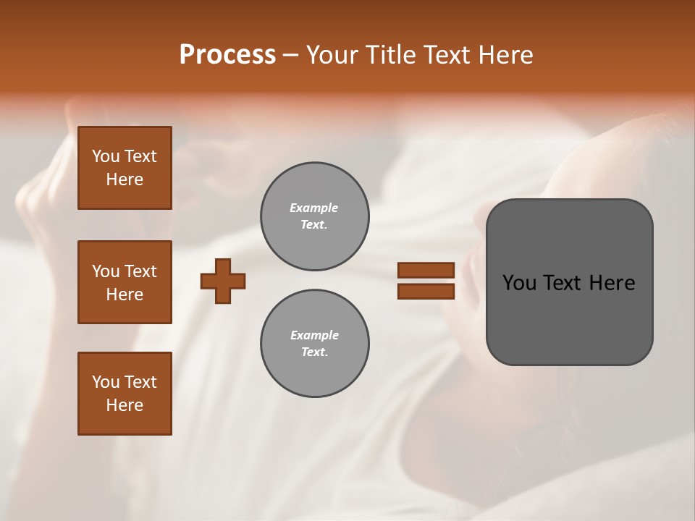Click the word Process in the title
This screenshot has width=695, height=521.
click(227, 55)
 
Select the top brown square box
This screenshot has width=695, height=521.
click(125, 168)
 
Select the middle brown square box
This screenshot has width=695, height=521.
click(125, 282)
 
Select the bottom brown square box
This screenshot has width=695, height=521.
click(125, 394)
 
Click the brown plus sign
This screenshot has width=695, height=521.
click(223, 281)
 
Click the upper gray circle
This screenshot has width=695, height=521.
click(315, 216)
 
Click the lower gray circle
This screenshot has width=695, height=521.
click(315, 344)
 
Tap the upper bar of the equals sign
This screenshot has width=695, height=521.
click(426, 271)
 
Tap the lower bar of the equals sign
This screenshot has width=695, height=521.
click(426, 292)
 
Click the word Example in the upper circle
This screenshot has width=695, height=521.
click(314, 208)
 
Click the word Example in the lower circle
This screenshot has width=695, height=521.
click(314, 335)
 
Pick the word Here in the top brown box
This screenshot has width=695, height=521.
click(125, 179)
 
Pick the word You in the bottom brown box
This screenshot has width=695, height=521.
click(106, 382)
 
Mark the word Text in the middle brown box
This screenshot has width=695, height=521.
click(140, 271)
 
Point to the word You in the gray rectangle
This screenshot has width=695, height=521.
click(519, 283)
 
